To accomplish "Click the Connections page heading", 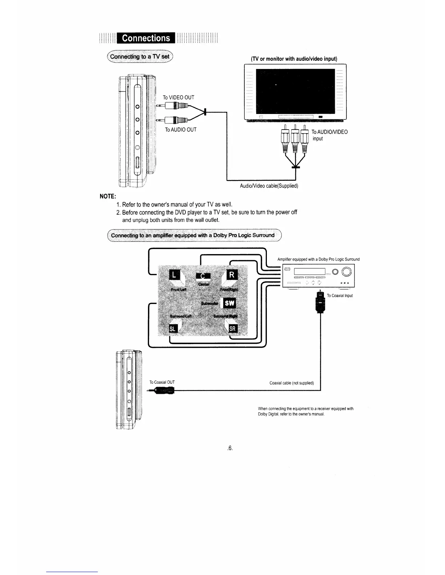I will coord(146,38).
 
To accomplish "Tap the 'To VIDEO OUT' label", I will coord(179,97).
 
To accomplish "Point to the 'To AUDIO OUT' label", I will coord(181,130).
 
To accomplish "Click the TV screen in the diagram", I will coord(295,91).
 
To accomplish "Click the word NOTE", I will coord(108,196).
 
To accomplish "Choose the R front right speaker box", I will coord(232,275).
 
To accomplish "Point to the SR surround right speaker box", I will coord(233,329).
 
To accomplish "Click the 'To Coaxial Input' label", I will coord(340,295).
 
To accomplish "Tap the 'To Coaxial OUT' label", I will coord(162,382).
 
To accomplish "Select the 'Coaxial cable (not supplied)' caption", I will coord(292,383).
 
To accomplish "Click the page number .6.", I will coord(229,448).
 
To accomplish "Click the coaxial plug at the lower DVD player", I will coord(164,391).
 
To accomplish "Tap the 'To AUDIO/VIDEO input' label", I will coord(329,135).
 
